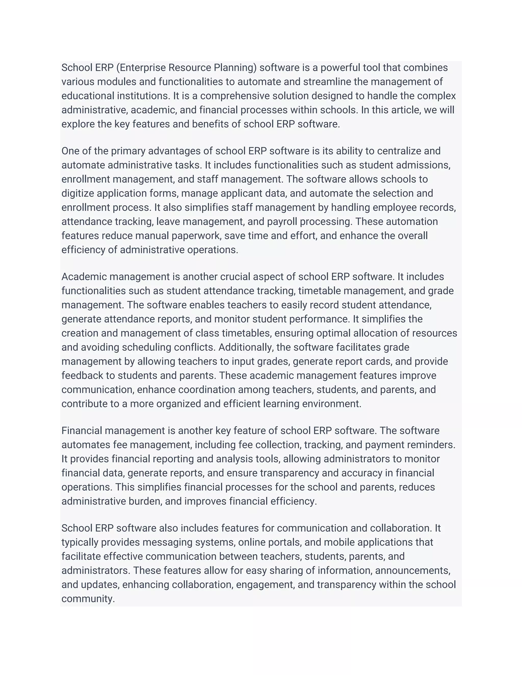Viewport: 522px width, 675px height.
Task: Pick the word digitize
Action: [78, 194]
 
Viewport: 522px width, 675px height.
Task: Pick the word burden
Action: [145, 501]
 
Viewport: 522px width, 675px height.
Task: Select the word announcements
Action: [413, 571]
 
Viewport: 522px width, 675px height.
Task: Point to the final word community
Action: [88, 599]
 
